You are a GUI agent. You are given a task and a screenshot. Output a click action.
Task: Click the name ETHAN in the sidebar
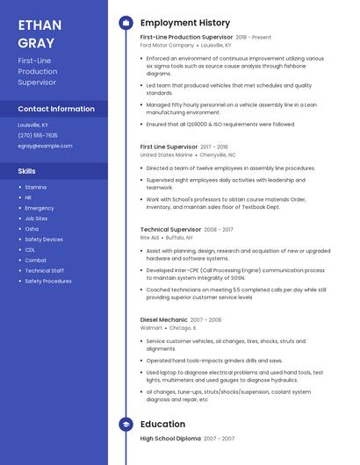[40, 25]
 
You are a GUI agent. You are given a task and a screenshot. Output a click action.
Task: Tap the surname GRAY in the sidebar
[36, 42]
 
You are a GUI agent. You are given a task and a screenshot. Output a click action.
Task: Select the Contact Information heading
[56, 109]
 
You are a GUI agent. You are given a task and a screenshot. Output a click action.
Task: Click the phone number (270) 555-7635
[38, 135]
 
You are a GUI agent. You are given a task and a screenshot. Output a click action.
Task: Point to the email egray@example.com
[45, 146]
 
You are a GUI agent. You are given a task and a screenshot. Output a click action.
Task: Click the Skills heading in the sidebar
[27, 171]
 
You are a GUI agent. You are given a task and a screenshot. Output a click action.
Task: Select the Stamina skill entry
[36, 187]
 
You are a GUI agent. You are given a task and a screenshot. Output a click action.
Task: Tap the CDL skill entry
[30, 249]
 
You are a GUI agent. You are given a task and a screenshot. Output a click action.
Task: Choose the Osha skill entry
[32, 228]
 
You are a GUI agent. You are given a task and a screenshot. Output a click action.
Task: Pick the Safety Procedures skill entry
[48, 281]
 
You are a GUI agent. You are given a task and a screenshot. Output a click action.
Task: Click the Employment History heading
[185, 23]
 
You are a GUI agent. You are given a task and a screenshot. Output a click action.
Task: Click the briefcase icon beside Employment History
[126, 23]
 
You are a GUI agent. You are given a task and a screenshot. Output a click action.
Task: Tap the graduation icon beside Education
[126, 424]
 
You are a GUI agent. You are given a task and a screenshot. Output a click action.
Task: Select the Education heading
[162, 424]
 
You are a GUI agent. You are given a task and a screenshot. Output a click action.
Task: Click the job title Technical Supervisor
[171, 228]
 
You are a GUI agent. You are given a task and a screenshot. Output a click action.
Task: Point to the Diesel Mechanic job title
[164, 319]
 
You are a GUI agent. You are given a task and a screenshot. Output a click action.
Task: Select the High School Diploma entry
[170, 438]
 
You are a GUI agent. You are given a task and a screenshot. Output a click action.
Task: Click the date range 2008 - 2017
[220, 228]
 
